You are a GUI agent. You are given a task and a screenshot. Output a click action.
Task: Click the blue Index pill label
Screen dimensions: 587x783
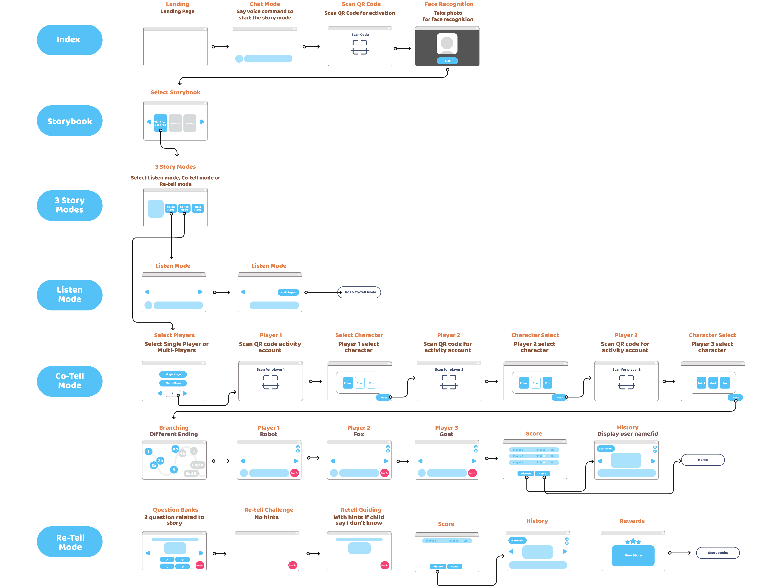[69, 40]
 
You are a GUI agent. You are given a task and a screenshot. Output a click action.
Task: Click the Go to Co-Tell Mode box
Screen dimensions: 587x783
[360, 292]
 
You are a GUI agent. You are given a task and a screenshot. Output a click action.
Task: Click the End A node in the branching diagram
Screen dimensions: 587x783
[197, 465]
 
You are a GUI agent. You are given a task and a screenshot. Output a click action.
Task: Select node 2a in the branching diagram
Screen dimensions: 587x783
[154, 465]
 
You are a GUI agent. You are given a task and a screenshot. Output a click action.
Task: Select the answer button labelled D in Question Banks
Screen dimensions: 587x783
[183, 567]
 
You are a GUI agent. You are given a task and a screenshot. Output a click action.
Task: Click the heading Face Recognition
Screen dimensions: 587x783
[449, 4]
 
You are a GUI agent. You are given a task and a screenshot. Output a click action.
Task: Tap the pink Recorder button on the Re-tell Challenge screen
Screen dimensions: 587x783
[292, 565]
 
